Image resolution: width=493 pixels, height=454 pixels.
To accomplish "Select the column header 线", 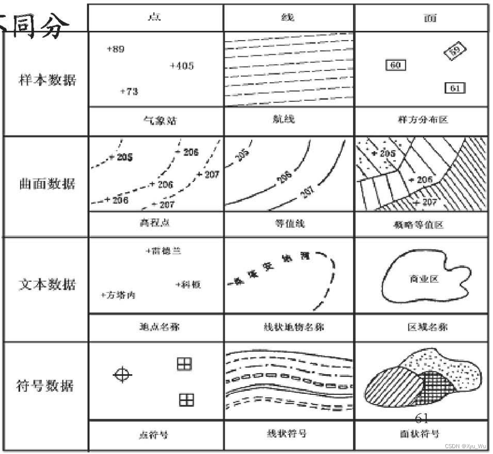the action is point(288,17).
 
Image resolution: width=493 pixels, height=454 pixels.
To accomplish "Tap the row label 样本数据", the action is point(47,80).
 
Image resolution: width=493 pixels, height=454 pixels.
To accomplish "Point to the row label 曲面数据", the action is point(47,184).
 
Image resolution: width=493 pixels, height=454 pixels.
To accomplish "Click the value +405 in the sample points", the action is point(182,66).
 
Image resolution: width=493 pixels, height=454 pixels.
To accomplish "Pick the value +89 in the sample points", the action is point(116,49).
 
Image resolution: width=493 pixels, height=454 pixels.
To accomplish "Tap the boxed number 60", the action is point(396,65).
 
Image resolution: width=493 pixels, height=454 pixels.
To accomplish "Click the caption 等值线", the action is point(289,223).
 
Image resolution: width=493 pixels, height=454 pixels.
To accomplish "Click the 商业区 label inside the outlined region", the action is point(424,279).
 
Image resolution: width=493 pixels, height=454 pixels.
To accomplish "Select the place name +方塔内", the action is point(118,295).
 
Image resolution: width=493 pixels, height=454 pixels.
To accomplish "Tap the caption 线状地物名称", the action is point(289,327).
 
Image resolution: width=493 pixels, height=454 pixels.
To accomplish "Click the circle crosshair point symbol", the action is point(122,375).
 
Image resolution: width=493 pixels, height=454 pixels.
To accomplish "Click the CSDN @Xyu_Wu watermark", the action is point(466,446).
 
